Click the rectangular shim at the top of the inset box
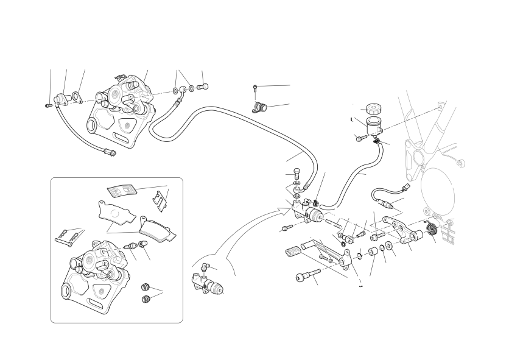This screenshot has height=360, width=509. (122, 190)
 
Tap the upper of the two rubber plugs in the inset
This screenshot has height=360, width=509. (146, 286)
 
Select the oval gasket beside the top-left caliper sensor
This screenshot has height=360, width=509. (77, 96)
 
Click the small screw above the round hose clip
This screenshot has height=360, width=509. (254, 90)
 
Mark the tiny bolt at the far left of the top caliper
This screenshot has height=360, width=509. (48, 106)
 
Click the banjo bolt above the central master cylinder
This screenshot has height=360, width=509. (297, 172)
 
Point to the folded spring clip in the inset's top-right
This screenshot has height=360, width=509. (160, 198)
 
